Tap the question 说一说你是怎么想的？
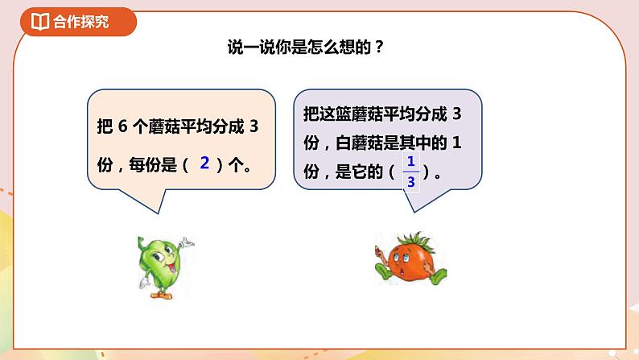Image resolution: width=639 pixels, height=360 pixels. [305, 48]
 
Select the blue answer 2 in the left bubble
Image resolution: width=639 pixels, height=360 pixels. [204, 163]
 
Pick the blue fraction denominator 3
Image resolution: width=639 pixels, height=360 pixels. [410, 182]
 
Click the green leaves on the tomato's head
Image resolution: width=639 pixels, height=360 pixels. [403, 238]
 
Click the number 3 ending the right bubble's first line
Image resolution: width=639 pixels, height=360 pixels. [458, 114]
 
